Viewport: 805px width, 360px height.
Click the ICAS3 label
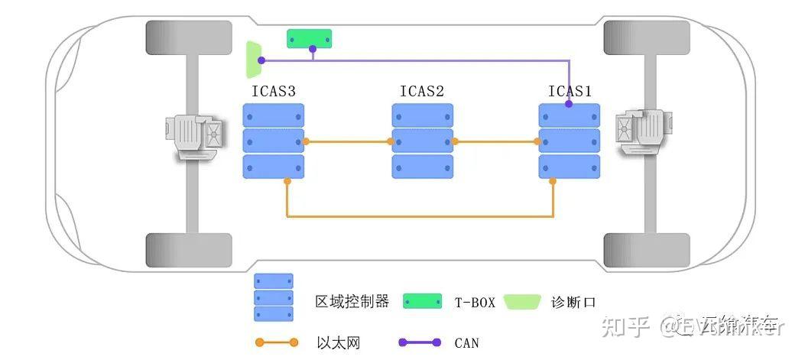tap(273, 92)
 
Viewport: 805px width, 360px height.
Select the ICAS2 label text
tap(422, 92)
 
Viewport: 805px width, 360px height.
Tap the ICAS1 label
tap(570, 92)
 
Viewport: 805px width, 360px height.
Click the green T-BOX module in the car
tap(309, 38)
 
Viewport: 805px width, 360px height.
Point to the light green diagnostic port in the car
tap(253, 60)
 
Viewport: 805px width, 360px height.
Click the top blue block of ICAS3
tap(274, 115)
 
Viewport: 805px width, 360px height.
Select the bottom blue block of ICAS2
tap(423, 167)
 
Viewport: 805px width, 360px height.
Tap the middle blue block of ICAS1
tap(570, 141)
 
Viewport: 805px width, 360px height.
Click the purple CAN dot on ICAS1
tap(570, 103)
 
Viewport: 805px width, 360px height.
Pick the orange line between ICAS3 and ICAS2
tap(348, 141)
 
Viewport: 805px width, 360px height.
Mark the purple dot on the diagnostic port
tap(261, 60)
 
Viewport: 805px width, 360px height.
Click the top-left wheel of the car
tap(188, 37)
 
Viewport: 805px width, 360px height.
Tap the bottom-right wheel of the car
tap(647, 250)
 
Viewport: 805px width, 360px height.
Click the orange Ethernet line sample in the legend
tap(277, 342)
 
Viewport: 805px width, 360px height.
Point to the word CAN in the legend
tap(466, 343)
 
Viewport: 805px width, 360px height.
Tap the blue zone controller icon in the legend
tap(274, 298)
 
